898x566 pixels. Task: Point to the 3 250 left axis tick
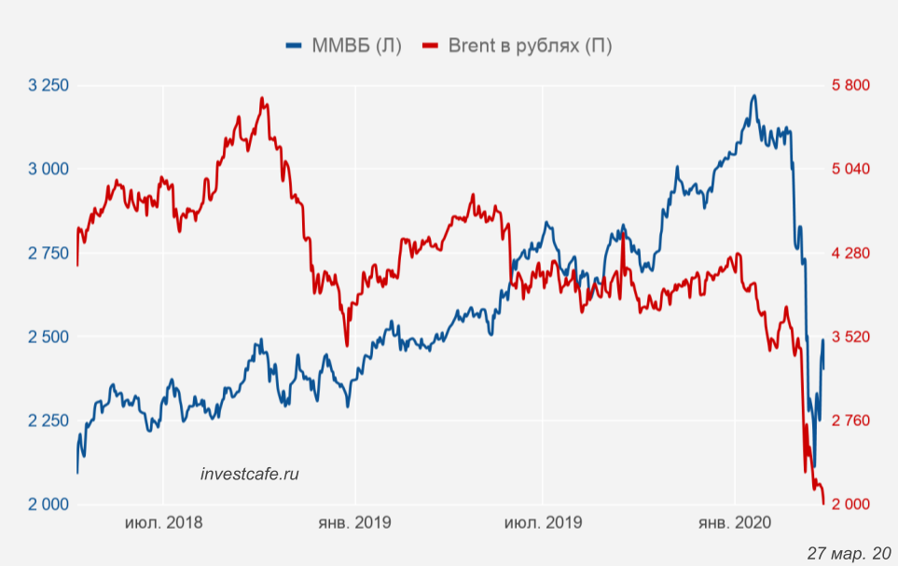tap(48, 86)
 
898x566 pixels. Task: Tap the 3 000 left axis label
tap(48, 169)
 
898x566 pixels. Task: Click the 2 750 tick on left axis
tap(48, 253)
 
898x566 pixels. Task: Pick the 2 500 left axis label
tap(48, 337)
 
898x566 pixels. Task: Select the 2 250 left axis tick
tap(48, 421)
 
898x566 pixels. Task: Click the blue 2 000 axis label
tap(48, 504)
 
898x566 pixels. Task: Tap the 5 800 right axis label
tap(850, 86)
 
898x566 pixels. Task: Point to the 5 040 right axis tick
tap(850, 169)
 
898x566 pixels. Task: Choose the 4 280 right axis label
tap(850, 253)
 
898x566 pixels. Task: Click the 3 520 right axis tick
tap(850, 337)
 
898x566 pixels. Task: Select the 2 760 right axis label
tap(850, 421)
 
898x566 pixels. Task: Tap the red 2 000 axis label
tap(850, 504)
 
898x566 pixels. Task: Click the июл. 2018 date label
tap(163, 523)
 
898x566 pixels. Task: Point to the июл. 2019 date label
tap(543, 523)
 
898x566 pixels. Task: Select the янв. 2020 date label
tap(735, 523)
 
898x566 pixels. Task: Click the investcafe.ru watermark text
tap(250, 474)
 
